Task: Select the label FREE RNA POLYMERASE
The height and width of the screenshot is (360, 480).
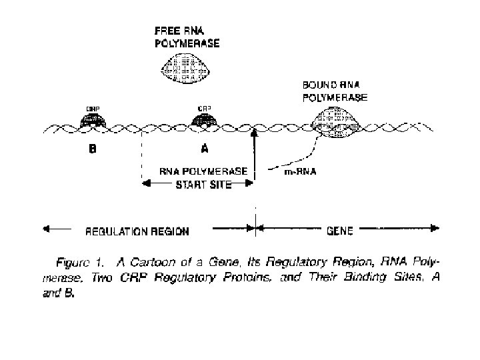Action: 187,37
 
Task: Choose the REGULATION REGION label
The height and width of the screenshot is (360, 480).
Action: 137,232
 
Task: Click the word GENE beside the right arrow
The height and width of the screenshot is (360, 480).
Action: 340,231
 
